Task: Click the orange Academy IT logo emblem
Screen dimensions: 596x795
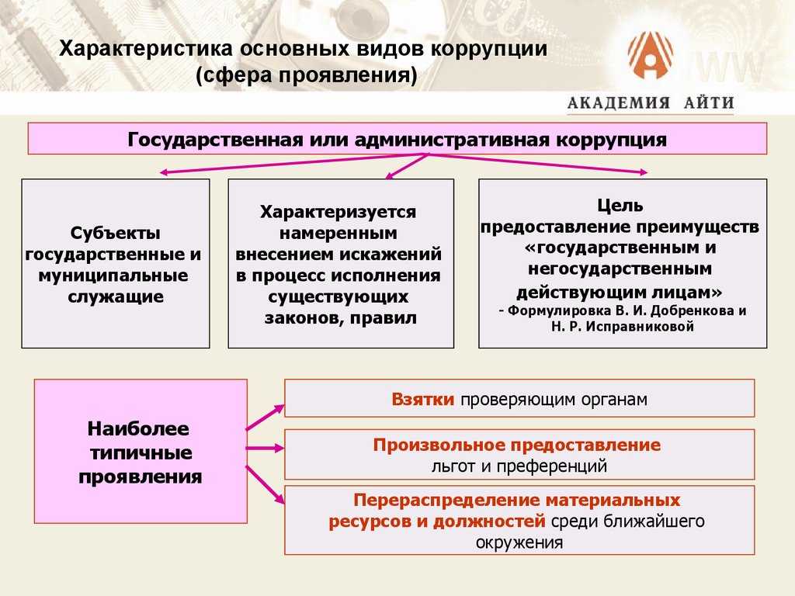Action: click(x=650, y=56)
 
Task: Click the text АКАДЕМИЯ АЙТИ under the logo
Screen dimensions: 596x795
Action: click(x=650, y=103)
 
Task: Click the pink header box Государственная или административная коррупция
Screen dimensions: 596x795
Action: click(x=397, y=139)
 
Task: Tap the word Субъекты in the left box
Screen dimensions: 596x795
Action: click(x=116, y=233)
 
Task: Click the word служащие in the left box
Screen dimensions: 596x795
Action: click(x=116, y=296)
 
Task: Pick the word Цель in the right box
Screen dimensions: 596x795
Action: click(x=620, y=206)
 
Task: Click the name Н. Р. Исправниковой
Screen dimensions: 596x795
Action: click(x=620, y=327)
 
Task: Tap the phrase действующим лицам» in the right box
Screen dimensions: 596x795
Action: click(x=620, y=291)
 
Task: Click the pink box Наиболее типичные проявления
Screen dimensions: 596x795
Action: click(x=141, y=452)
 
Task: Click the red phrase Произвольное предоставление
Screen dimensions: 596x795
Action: click(x=517, y=445)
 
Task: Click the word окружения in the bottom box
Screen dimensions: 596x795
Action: click(x=519, y=542)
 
